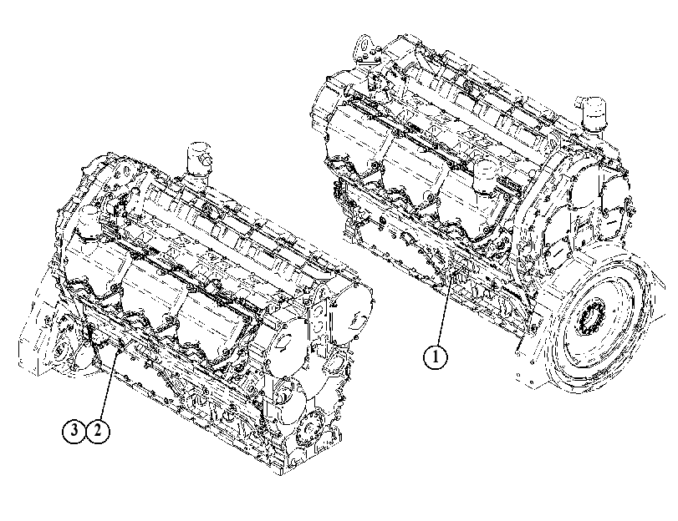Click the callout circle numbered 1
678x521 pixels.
[x=435, y=357]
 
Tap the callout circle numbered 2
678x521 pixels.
[x=98, y=431]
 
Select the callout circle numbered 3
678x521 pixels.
[x=74, y=431]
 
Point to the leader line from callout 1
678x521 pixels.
[x=444, y=310]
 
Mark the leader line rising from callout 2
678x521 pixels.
[x=109, y=387]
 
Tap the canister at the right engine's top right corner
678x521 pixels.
[x=593, y=114]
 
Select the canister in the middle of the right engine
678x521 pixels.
[x=487, y=176]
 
